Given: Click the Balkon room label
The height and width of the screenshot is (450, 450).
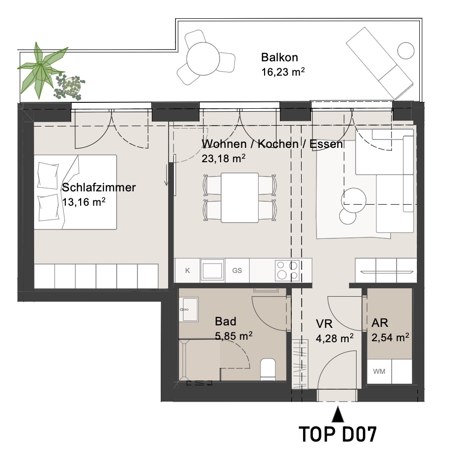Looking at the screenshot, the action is click(279, 57).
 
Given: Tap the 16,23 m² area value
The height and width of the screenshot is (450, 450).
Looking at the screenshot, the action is click(283, 72).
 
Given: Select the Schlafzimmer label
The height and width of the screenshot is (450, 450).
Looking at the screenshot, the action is click(99, 187).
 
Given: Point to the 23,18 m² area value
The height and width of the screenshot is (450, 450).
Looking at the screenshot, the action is click(224, 158).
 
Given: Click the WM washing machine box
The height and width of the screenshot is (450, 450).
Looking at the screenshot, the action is click(379, 371).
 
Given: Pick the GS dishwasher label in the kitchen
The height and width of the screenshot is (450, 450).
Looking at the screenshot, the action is click(237, 270).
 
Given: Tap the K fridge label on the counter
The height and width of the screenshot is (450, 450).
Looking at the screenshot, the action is click(187, 270).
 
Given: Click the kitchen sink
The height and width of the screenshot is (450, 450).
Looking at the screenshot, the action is click(212, 270).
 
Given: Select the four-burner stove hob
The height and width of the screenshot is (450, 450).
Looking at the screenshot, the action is click(287, 270).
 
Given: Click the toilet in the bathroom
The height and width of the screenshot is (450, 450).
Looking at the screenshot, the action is click(268, 369).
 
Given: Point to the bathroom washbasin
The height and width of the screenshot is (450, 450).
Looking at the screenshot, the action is click(189, 310).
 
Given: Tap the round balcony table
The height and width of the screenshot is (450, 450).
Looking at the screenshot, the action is click(203, 59).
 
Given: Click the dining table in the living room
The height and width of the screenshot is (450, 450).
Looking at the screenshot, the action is click(240, 197).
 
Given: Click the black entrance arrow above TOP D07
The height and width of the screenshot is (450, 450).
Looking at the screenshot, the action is click(338, 414).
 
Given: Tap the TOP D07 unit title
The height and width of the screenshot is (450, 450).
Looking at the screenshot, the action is click(337, 434).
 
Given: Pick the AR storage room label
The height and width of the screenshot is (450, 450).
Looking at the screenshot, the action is click(380, 323).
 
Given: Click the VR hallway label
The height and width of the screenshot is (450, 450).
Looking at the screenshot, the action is click(324, 324).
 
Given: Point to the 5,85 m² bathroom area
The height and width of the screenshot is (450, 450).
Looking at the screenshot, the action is click(233, 335).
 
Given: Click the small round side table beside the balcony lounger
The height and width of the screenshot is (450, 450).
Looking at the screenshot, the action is click(406, 50).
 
